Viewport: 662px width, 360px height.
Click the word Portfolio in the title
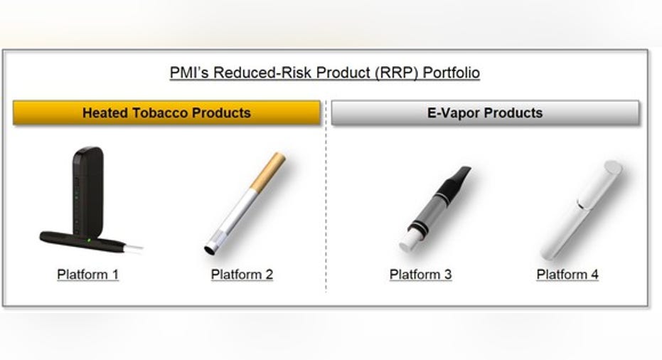click(451, 73)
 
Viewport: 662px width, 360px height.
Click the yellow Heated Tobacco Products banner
click(167, 113)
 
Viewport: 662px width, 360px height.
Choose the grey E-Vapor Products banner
click(485, 113)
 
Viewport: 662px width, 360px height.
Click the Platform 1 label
click(88, 275)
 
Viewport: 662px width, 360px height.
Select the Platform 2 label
click(242, 275)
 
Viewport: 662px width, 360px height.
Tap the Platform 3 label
click(420, 275)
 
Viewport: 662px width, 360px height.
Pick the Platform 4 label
click(567, 275)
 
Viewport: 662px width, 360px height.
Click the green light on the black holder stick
click(89, 240)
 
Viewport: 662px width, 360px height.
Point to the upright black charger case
click(88, 192)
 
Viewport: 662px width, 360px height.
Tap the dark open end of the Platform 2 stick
click(210, 250)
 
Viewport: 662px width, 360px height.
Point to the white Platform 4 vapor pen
click(582, 210)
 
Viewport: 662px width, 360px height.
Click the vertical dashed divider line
click(326, 196)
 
